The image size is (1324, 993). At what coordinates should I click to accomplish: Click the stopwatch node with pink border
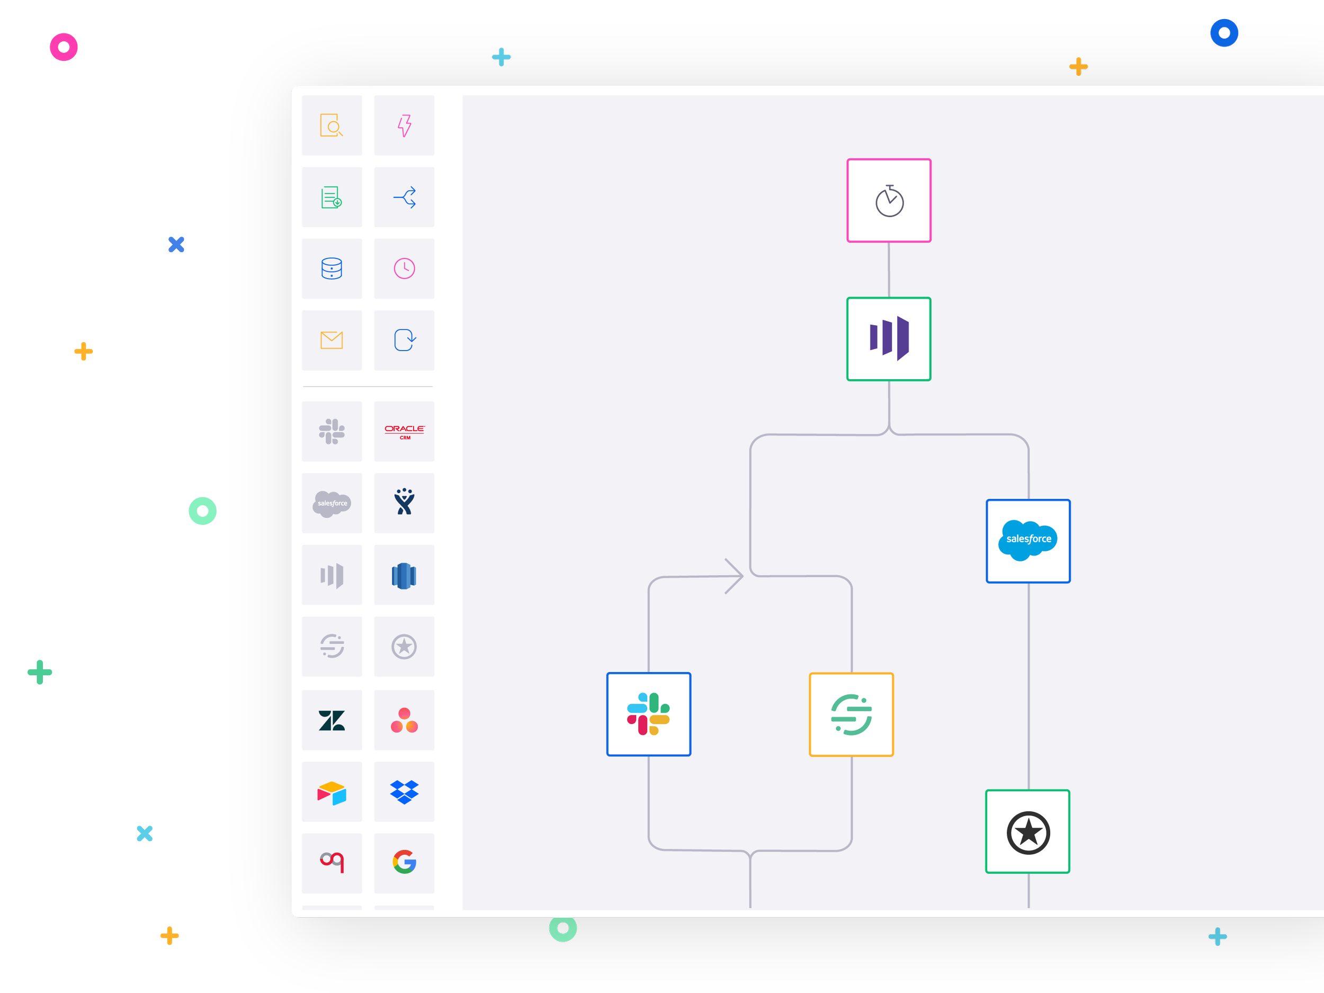click(x=889, y=201)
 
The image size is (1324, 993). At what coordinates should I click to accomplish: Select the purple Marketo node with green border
click(x=889, y=339)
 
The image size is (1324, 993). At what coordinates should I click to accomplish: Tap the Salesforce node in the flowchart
click(x=1028, y=541)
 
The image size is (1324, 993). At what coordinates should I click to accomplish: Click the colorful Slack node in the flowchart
click(x=648, y=714)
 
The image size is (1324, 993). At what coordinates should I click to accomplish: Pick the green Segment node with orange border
click(x=851, y=714)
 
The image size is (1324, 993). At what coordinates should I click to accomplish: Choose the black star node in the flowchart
click(x=1028, y=831)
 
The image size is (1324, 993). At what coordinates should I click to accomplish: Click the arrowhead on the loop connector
click(x=735, y=576)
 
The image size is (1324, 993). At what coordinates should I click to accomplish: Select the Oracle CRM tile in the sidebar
click(x=404, y=432)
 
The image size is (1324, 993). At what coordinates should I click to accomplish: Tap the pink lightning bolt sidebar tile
click(x=404, y=125)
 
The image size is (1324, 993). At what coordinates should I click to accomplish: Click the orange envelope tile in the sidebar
click(x=332, y=340)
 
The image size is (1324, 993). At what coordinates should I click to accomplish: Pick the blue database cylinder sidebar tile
click(x=332, y=269)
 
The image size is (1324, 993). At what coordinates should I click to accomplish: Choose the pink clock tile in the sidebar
click(x=404, y=269)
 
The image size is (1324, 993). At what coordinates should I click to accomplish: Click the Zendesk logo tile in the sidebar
click(x=332, y=720)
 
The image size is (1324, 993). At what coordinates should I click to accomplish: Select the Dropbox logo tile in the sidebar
click(x=404, y=792)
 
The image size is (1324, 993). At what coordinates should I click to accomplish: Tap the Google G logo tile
click(x=404, y=863)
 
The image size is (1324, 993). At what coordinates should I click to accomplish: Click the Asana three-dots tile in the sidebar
click(x=404, y=720)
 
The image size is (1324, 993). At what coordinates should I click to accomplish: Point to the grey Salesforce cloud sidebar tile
click(x=332, y=503)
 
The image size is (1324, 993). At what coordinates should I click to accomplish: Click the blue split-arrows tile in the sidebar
click(x=404, y=197)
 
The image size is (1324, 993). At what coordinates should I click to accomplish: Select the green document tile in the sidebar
click(x=332, y=197)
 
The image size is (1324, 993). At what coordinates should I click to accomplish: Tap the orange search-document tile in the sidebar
click(x=332, y=125)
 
